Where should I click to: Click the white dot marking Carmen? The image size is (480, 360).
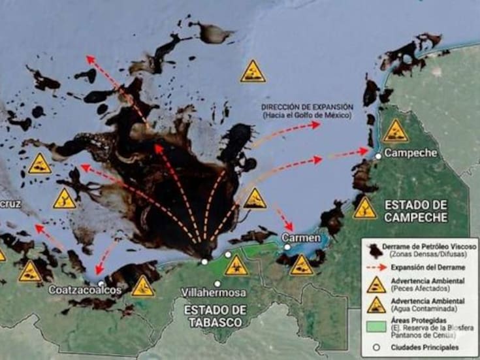coord(287,247)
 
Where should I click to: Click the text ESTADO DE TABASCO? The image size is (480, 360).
coord(215,315)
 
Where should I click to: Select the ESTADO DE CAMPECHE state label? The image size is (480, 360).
coord(415,209)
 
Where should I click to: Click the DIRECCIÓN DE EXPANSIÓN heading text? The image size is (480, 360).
coord(307,106)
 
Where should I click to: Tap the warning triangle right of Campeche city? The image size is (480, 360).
coord(396,132)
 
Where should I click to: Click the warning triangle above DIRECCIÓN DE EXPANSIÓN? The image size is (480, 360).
coord(253,71)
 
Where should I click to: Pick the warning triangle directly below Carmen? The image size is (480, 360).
coord(302,265)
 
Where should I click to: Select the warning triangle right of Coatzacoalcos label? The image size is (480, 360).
coord(143,286)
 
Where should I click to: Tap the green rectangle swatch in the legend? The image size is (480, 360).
coord(374,324)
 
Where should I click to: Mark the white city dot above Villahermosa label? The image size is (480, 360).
coord(217,284)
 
